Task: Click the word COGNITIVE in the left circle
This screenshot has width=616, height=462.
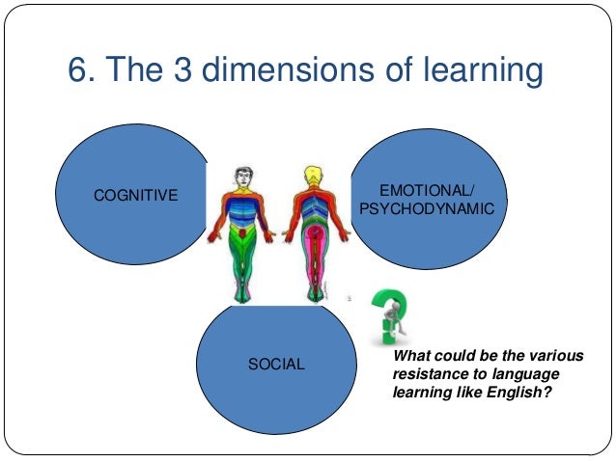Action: (135, 196)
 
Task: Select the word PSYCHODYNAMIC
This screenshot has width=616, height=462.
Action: (426, 208)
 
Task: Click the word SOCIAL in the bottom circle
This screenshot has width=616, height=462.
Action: (276, 365)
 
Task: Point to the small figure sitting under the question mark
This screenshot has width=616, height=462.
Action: (391, 323)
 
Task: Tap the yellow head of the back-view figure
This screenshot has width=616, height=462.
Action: (313, 177)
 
